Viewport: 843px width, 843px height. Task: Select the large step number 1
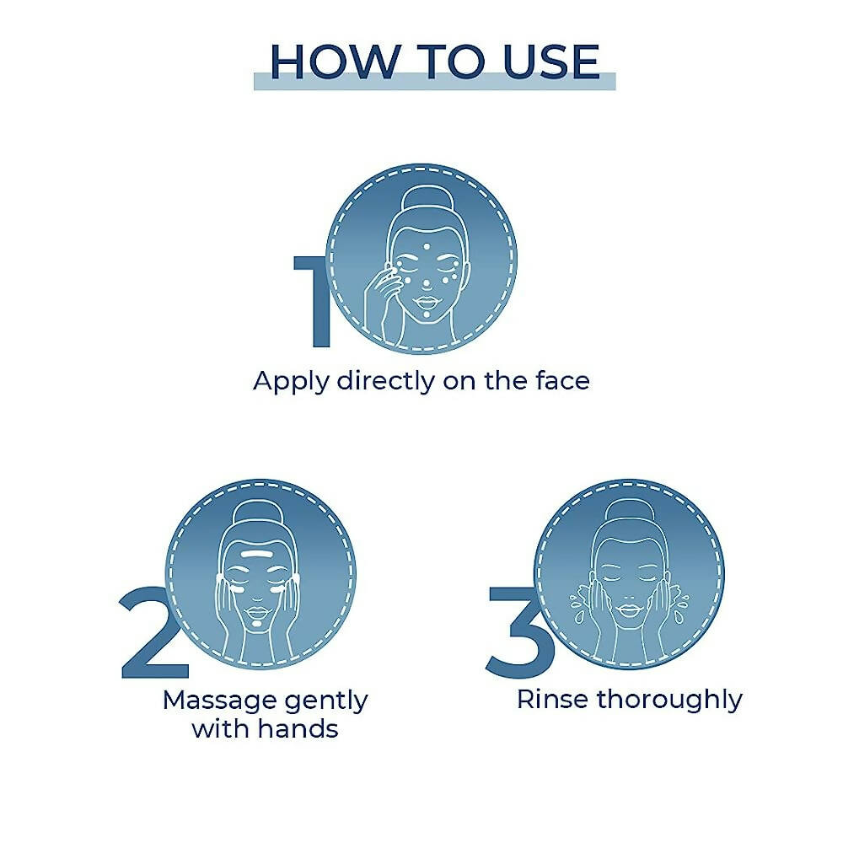click(x=314, y=301)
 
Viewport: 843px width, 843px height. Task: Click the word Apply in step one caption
click(x=291, y=382)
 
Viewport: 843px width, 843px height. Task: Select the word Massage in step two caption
click(x=219, y=701)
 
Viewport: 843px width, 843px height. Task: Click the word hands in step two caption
click(x=298, y=729)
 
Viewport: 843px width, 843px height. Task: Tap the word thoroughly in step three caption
click(x=669, y=701)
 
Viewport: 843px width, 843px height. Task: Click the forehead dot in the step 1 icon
click(x=427, y=247)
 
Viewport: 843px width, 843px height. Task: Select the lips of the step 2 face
click(x=257, y=612)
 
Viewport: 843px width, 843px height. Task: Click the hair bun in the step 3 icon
click(x=629, y=513)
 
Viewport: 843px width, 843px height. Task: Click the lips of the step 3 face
click(x=627, y=610)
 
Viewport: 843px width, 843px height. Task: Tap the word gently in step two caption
click(x=326, y=702)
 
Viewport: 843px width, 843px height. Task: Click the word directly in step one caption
click(x=386, y=382)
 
